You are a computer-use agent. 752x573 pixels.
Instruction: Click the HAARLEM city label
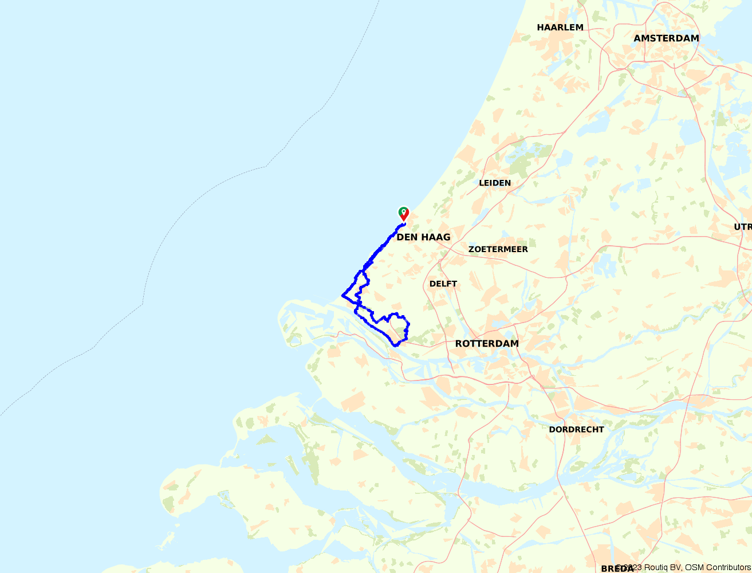point(560,27)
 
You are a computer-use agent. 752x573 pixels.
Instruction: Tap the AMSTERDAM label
point(666,38)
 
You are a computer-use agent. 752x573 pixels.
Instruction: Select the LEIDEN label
point(495,183)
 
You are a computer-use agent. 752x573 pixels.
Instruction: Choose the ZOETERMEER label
point(498,249)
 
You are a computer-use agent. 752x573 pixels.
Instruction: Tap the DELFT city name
point(443,284)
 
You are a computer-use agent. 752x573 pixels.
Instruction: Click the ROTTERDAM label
point(487,344)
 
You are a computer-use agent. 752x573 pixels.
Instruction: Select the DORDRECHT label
point(576,429)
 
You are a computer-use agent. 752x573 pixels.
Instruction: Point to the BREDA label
point(617,568)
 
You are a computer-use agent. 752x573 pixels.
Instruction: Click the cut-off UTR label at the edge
point(743,227)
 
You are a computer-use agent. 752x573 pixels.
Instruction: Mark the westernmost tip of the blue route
point(342,295)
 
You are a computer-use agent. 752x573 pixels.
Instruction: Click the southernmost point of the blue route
point(395,346)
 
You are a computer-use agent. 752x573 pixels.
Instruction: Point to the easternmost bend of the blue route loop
point(408,324)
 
